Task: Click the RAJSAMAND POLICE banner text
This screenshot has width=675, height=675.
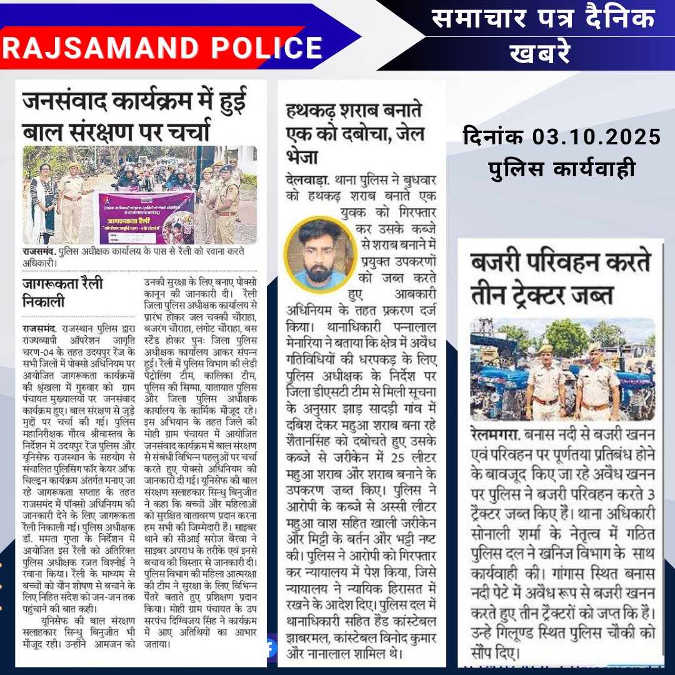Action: [x=162, y=48]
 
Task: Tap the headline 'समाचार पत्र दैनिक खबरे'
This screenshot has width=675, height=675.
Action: [x=544, y=34]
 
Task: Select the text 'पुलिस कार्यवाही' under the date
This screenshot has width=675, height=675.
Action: [x=561, y=167]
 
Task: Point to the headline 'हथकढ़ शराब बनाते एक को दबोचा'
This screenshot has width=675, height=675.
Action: [x=354, y=132]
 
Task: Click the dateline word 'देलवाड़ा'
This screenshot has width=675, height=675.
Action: [x=307, y=178]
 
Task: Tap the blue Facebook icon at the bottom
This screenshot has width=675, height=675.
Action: [x=270, y=648]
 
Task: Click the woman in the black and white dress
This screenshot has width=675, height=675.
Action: [x=44, y=200]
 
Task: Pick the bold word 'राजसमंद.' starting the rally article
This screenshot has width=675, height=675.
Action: [x=39, y=327]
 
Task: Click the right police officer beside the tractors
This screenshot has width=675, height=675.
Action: [x=597, y=384]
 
